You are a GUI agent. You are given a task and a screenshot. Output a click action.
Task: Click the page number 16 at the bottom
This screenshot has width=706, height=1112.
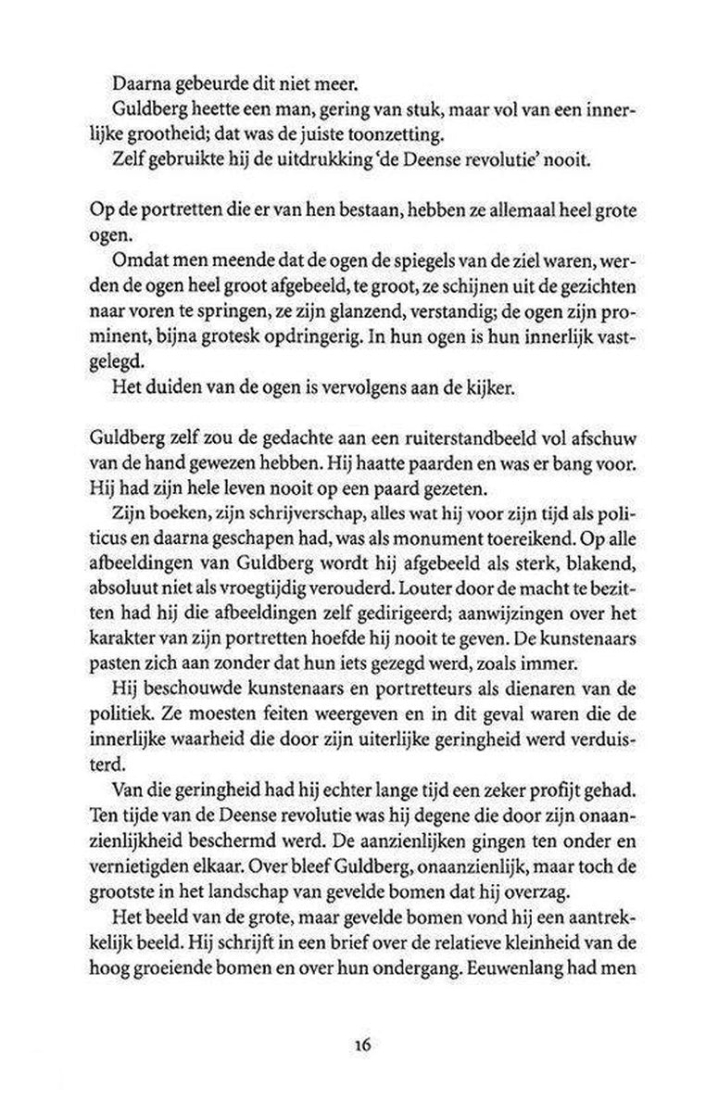361,1043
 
